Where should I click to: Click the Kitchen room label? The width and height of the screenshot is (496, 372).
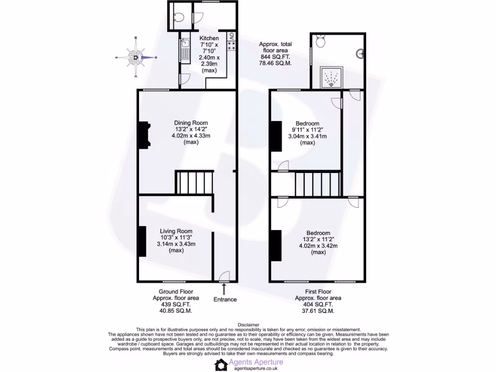click(209, 38)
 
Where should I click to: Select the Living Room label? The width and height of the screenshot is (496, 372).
click(176, 231)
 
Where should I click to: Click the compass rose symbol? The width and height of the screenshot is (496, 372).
click(137, 58)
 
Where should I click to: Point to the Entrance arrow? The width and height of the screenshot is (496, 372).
click(224, 289)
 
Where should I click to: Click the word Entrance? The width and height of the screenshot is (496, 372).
click(225, 299)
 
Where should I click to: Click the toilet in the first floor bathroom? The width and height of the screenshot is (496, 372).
click(319, 42)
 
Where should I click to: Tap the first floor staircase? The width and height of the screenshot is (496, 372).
click(317, 183)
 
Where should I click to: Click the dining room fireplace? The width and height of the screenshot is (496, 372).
click(144, 136)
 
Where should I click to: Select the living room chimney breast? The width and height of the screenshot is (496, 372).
click(142, 241)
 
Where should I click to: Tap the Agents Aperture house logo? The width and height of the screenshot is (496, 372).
click(221, 365)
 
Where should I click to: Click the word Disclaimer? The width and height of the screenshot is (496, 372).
click(248, 325)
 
